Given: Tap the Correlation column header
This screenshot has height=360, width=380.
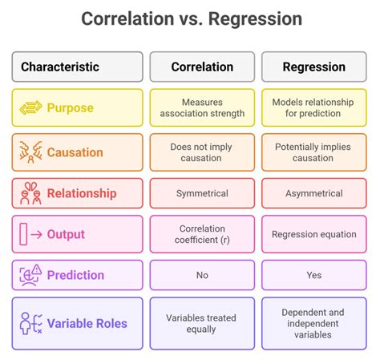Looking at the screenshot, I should click(201, 67).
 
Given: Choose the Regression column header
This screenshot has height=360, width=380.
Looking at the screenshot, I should click(313, 67).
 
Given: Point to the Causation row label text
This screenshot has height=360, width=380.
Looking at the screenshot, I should click(75, 152).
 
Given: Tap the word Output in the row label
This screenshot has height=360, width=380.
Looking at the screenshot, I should click(66, 235).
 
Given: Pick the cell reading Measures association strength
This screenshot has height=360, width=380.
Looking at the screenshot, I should click(201, 108).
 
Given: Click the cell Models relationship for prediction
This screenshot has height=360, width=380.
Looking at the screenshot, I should click(313, 108).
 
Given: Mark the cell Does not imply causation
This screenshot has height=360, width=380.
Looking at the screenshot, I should click(201, 152).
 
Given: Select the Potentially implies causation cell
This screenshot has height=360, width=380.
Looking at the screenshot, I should click(313, 152).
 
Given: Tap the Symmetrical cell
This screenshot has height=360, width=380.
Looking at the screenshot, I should click(201, 193).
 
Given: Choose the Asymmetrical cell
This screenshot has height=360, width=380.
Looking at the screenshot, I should click(313, 193).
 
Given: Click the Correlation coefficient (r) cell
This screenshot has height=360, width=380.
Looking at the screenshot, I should click(201, 234).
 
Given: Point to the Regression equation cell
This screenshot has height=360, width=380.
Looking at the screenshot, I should click(313, 234).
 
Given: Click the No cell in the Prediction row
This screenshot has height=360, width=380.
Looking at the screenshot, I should click(201, 275).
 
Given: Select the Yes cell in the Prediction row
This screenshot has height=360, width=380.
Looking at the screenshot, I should click(313, 275).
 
